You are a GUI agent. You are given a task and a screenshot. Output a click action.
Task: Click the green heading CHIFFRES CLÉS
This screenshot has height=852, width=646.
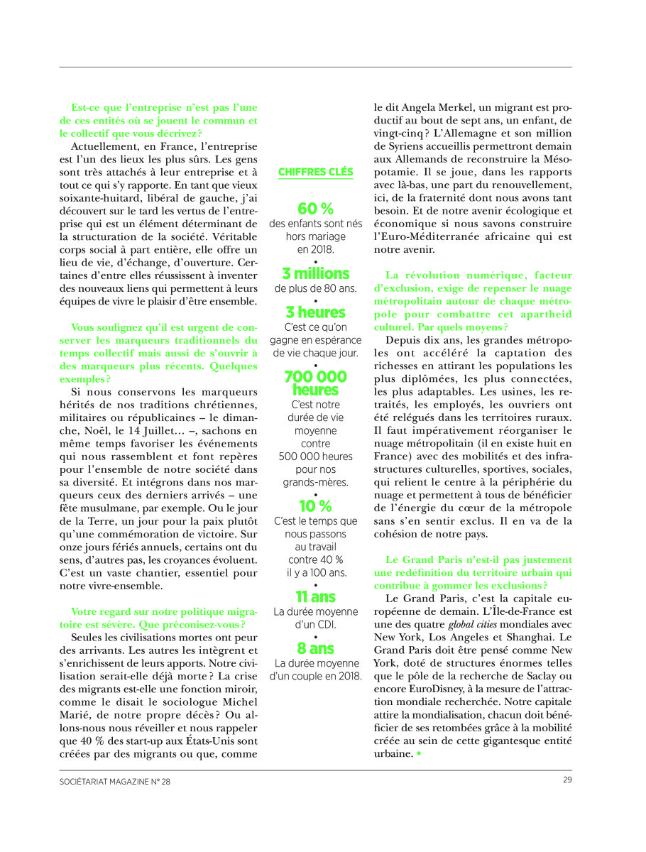[315, 172]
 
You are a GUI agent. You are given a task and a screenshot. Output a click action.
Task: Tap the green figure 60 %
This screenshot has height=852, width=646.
[315, 209]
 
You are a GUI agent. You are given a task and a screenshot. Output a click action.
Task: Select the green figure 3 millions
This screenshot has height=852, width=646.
[315, 273]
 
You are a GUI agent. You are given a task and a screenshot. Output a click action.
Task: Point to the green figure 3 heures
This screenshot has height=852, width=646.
[315, 312]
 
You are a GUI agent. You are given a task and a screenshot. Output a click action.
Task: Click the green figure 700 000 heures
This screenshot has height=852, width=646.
[315, 383]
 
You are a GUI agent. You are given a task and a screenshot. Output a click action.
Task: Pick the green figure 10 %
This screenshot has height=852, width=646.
[315, 506]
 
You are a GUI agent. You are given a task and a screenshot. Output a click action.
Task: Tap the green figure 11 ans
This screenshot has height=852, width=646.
[315, 596]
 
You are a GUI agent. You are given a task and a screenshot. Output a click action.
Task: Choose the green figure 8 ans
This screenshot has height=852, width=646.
[315, 648]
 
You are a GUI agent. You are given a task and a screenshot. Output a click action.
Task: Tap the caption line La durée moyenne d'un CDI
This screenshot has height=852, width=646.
[315, 618]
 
